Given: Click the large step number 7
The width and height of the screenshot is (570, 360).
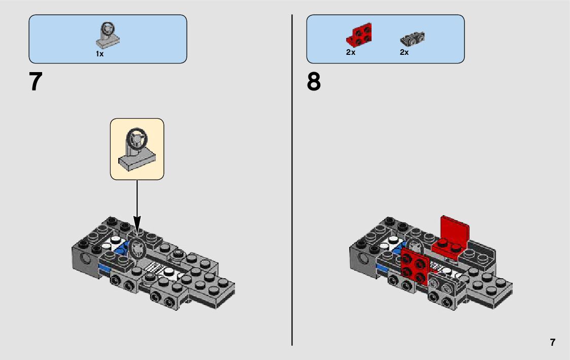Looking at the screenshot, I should point(35,82).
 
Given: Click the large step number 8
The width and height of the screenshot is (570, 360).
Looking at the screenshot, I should point(314,82).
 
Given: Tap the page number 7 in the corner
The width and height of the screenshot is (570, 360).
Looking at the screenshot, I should point(552,342).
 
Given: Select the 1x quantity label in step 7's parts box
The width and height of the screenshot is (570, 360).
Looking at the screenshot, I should point(99,54).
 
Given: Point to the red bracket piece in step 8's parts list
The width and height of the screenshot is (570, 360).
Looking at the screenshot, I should point(359,35).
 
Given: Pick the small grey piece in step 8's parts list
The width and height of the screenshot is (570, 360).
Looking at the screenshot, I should point(412,38).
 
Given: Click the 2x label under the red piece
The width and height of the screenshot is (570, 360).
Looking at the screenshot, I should point(350,52).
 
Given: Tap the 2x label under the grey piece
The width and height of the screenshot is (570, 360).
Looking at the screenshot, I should point(404,52).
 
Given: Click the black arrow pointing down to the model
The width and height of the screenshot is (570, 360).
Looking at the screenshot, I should point(137,203).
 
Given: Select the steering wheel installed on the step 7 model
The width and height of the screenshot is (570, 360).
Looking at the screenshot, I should point(137,248).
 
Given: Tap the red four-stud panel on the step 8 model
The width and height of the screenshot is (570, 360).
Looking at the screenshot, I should point(415,267).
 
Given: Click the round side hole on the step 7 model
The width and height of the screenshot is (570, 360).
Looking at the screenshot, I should point(86,259).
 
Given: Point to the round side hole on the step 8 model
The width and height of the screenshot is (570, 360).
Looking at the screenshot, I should point(364,259).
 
